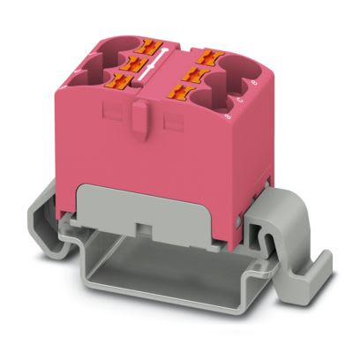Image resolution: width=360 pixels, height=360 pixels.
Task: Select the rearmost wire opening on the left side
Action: tap(114, 42)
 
